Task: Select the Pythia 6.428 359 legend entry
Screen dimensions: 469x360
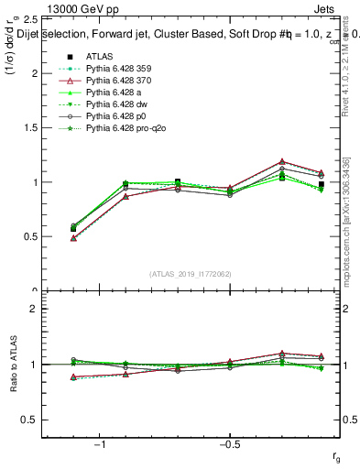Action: [115, 70]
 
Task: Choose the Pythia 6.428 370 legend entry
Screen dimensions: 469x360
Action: [115, 82]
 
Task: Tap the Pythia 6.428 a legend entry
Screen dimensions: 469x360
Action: [111, 93]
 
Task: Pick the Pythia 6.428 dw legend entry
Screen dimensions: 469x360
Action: [113, 105]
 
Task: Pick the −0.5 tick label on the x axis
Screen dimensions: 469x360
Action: [229, 444]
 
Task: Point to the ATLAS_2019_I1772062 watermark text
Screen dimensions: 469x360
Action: [190, 273]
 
